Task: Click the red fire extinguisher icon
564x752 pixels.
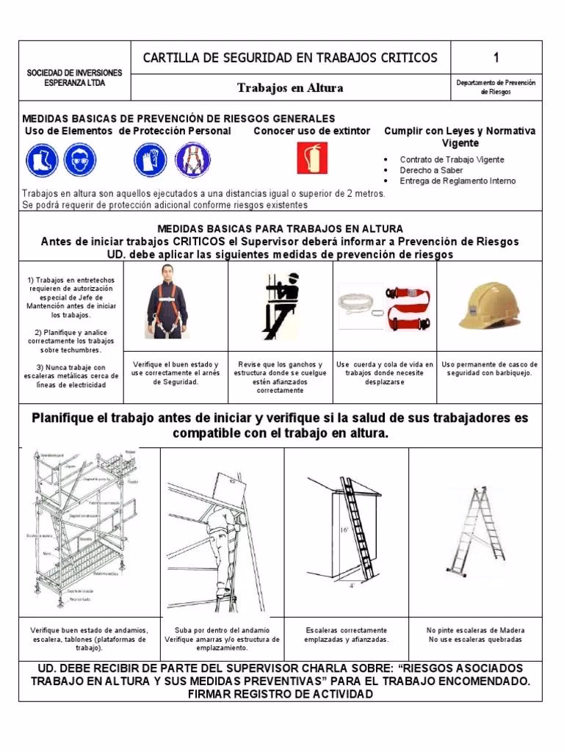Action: (312, 158)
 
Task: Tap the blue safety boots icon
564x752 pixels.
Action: (41, 159)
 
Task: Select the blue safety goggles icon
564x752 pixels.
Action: (79, 159)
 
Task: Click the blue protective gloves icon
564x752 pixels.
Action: (151, 159)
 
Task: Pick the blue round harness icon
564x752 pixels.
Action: (192, 159)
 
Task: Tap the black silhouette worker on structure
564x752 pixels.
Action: (281, 305)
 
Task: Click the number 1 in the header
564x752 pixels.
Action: (496, 57)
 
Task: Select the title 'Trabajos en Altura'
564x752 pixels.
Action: (290, 88)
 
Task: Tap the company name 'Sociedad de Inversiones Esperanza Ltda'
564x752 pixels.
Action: (74, 78)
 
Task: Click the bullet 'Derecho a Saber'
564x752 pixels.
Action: (432, 170)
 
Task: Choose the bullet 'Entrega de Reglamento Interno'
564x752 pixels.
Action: (458, 181)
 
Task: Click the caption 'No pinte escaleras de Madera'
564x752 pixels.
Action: (475, 630)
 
